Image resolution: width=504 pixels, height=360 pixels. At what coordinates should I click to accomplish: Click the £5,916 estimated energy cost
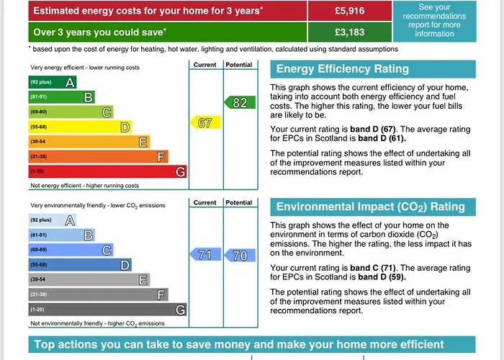[x=350, y=11]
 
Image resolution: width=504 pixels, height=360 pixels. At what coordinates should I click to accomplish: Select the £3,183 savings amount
[x=350, y=32]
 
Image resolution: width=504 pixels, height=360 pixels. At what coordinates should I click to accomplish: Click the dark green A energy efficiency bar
[x=53, y=82]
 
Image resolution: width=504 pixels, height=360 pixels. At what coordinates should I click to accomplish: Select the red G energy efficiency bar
[x=107, y=172]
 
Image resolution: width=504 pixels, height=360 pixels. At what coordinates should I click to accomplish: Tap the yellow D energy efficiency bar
[x=80, y=127]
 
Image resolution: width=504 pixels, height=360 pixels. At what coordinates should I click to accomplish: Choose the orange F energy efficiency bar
[x=98, y=157]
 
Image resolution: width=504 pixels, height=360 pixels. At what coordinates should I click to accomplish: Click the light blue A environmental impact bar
[x=53, y=220]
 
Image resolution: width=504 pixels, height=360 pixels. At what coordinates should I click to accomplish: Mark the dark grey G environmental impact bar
[x=107, y=310]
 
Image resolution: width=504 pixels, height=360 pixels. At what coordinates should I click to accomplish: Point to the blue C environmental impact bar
[x=71, y=250]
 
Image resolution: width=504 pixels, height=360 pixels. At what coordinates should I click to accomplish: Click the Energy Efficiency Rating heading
[x=343, y=69]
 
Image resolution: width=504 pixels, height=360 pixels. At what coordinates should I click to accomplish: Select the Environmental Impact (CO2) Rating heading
[x=371, y=207]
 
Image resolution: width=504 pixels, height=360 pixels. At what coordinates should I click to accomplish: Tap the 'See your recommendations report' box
[x=434, y=21]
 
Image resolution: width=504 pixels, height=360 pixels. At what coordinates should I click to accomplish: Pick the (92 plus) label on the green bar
[x=40, y=82]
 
